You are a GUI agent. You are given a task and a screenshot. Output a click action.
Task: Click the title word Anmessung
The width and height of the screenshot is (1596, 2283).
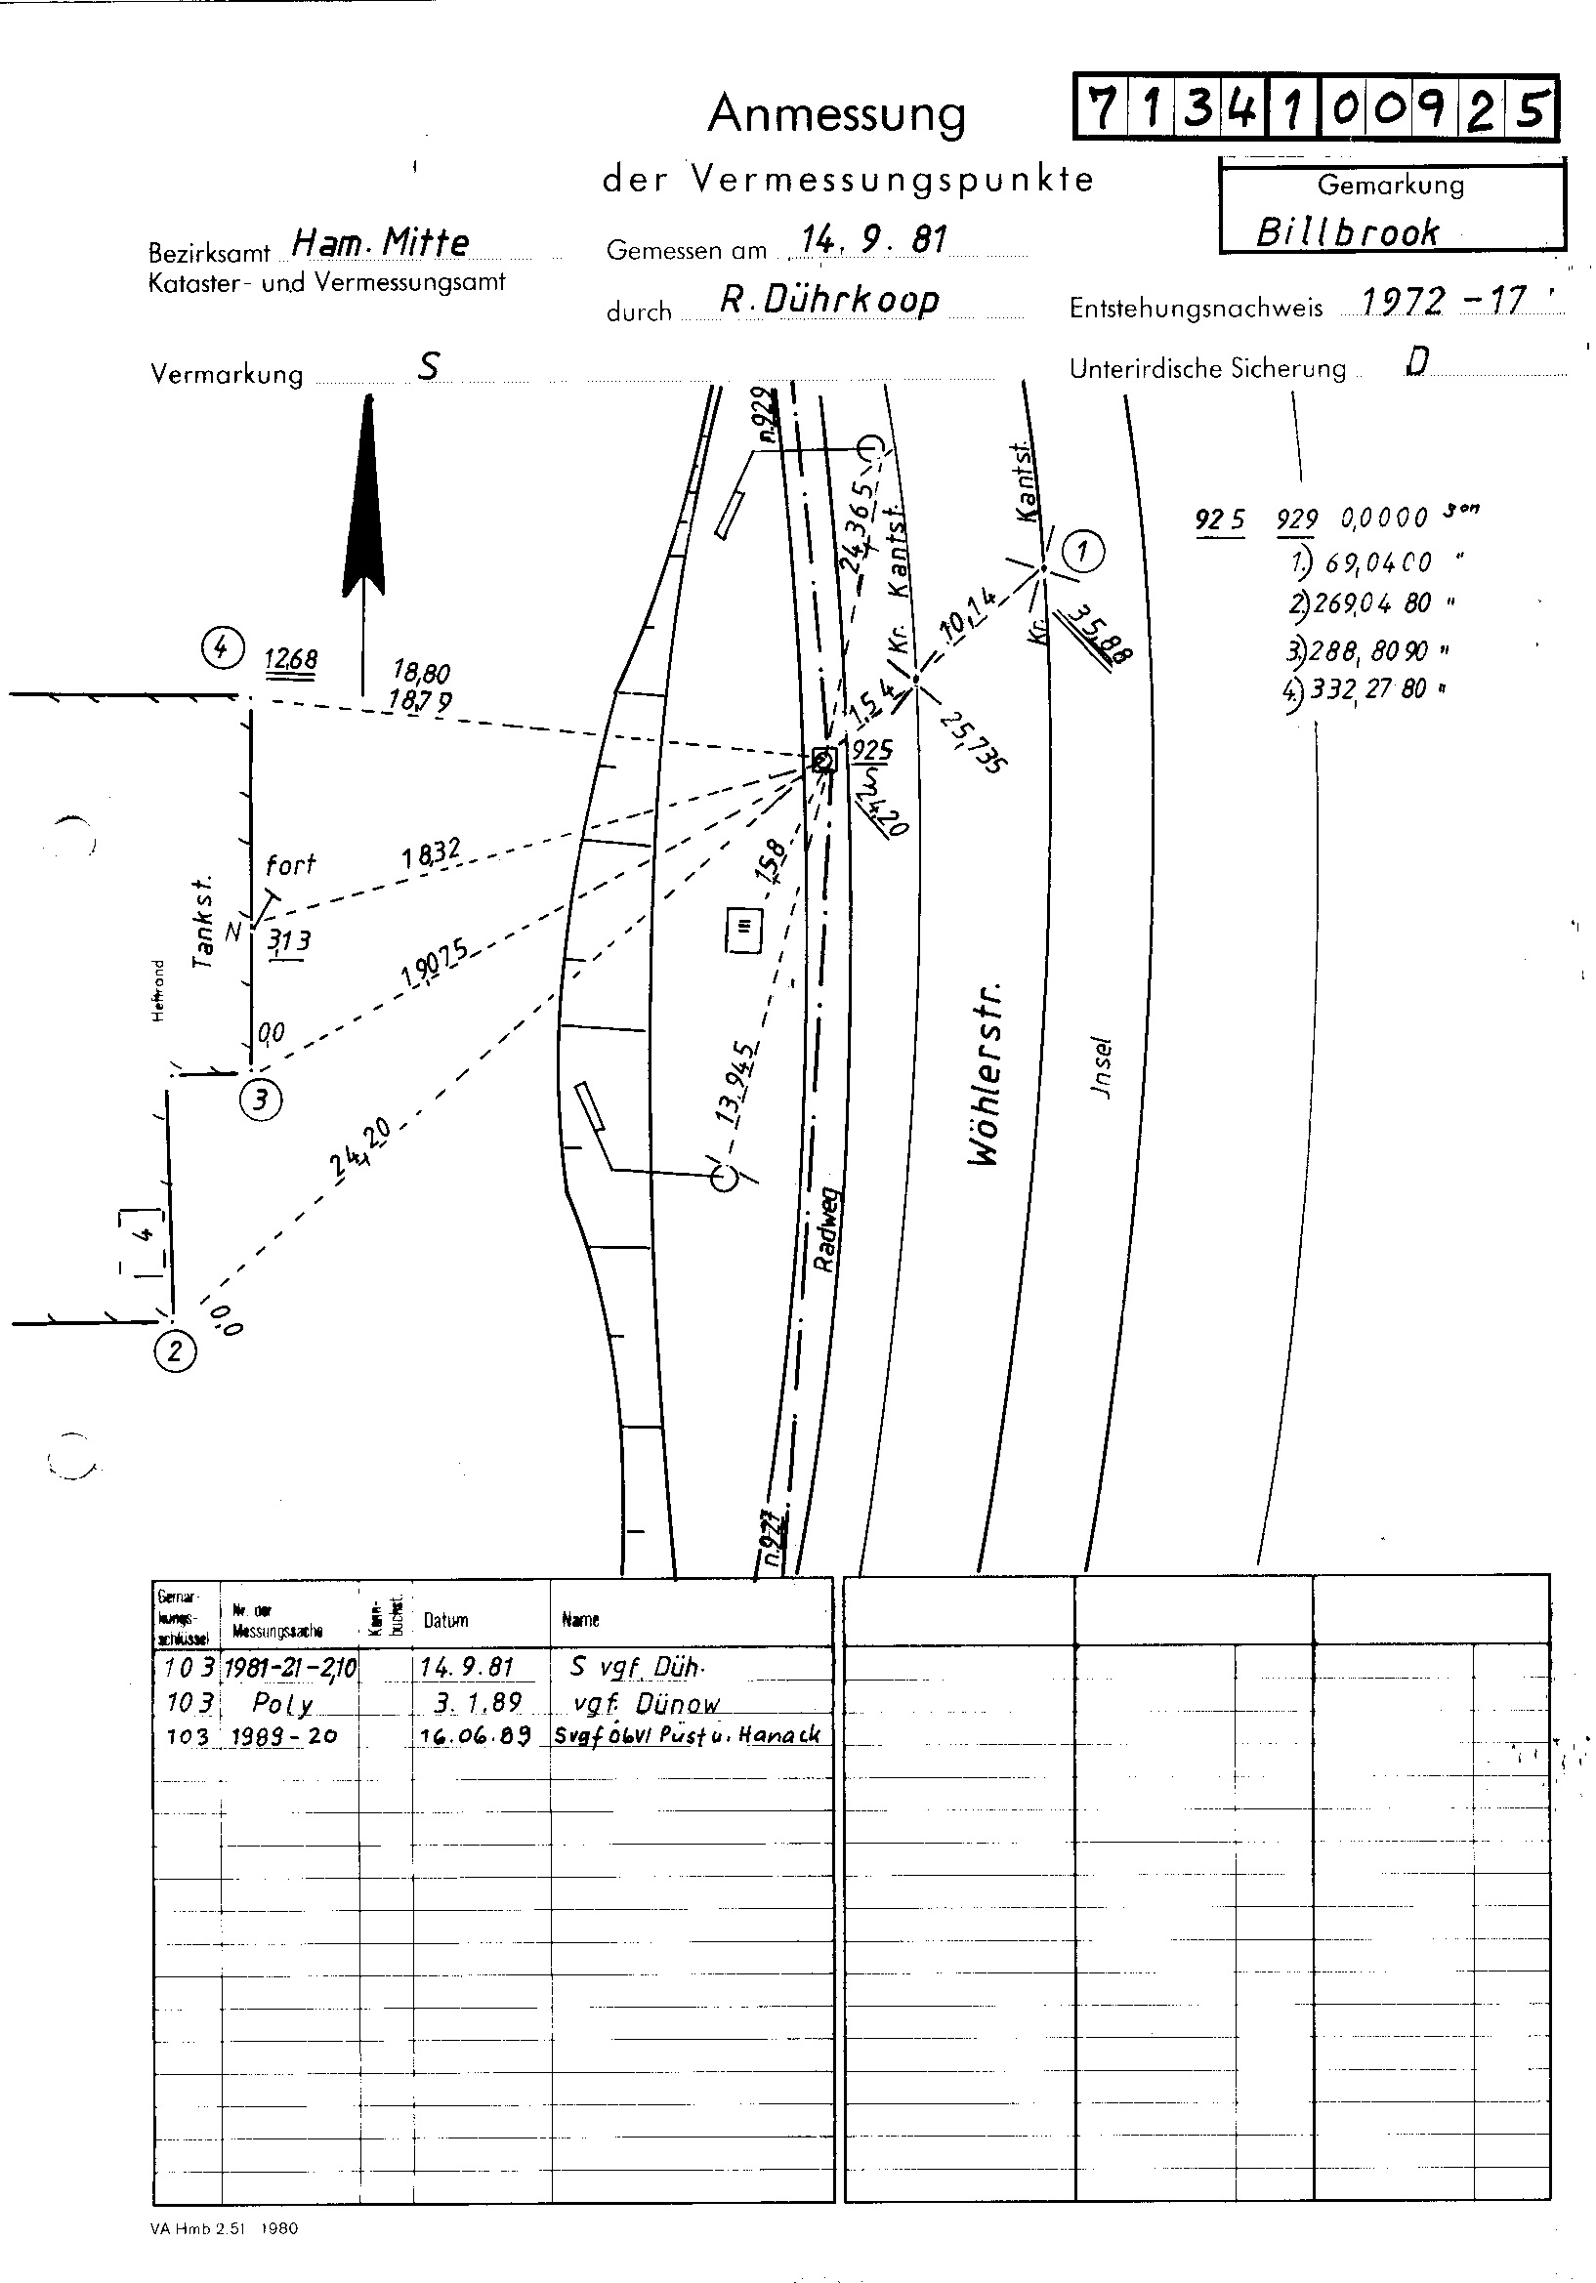(x=836, y=114)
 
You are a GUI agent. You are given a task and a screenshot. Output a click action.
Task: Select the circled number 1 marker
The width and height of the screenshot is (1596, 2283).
(x=1083, y=550)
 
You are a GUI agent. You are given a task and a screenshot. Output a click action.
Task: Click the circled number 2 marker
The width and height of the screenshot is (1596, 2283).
(x=176, y=1351)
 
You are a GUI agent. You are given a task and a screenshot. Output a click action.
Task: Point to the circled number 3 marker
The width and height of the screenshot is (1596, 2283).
(x=261, y=1100)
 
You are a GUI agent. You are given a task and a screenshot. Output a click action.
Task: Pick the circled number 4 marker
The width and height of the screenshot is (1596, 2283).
(x=221, y=648)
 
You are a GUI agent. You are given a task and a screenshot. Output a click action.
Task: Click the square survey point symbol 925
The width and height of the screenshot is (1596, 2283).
(x=824, y=761)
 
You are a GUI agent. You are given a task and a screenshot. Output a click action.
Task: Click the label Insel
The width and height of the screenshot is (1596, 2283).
(x=1101, y=1068)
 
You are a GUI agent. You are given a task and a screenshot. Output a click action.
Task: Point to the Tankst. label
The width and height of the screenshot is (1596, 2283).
(x=203, y=922)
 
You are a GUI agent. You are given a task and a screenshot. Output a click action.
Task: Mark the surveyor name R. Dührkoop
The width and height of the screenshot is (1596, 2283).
(x=829, y=300)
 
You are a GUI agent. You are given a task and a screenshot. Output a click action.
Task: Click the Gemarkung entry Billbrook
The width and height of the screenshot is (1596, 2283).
(x=1346, y=232)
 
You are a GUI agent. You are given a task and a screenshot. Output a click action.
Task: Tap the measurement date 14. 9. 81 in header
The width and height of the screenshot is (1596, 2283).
(x=874, y=239)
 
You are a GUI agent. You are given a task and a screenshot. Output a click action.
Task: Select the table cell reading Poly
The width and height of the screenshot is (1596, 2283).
(x=282, y=1703)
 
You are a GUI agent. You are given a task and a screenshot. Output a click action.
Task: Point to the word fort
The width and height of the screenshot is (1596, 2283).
(x=290, y=864)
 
